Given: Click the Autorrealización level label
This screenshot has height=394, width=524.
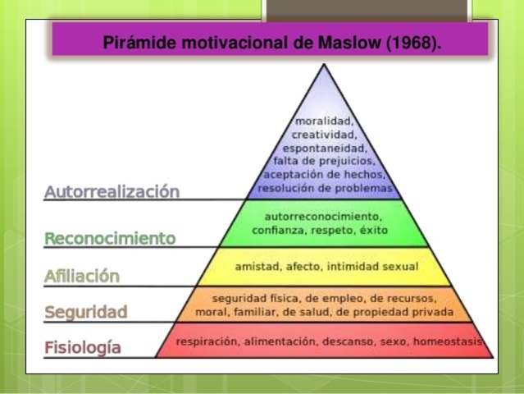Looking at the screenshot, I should (112, 192).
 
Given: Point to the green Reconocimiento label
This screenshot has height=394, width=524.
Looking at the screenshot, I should (110, 239).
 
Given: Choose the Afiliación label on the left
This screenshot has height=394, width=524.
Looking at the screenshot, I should (82, 277).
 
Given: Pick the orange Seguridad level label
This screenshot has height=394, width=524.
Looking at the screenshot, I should (86, 312).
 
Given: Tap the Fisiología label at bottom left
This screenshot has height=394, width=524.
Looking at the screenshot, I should (83, 347).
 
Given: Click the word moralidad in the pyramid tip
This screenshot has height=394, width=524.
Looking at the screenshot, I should (325, 121).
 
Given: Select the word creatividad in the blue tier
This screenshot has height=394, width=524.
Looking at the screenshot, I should (325, 135).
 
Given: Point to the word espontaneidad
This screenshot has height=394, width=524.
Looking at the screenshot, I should (325, 148).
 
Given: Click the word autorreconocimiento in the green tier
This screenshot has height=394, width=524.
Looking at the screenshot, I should (325, 216).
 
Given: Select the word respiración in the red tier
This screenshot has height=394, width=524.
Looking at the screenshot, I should (208, 341).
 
